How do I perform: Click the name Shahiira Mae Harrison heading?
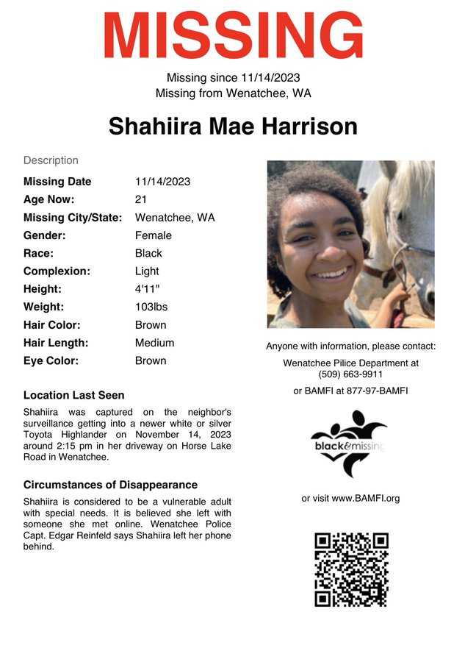click(233, 126)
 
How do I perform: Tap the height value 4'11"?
click(147, 289)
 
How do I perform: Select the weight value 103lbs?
click(151, 307)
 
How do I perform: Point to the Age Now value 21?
click(141, 199)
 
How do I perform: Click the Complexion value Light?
click(147, 271)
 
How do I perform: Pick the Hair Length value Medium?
click(154, 343)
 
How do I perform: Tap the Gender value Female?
click(153, 235)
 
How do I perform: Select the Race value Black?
click(148, 253)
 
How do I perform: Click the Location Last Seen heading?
click(73, 395)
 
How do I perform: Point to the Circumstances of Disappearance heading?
click(110, 485)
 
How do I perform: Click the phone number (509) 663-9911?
click(350, 374)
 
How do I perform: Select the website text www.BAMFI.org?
click(366, 498)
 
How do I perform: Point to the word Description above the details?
click(51, 160)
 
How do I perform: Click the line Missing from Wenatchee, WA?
click(233, 93)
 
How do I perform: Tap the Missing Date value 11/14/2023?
click(162, 182)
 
